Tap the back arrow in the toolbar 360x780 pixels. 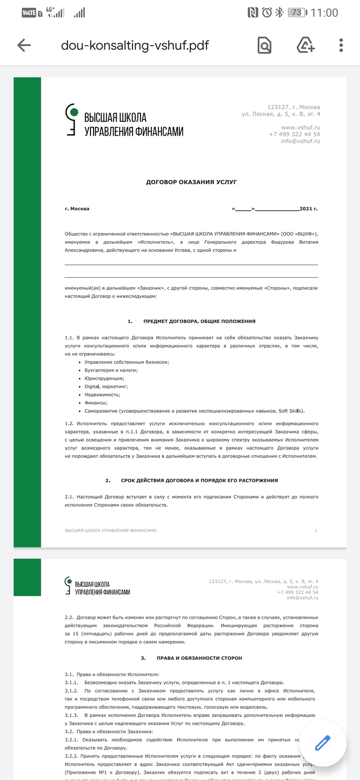pyautogui.click(x=24, y=45)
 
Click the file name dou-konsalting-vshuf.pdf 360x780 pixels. pyautogui.click(x=135, y=45)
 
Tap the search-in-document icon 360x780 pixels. pyautogui.click(x=264, y=45)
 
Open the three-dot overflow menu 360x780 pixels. pyautogui.click(x=341, y=45)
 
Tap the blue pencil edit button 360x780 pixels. pyautogui.click(x=322, y=743)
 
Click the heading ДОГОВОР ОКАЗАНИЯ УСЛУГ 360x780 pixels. pyautogui.click(x=191, y=182)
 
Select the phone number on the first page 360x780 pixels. pyautogui.click(x=294, y=134)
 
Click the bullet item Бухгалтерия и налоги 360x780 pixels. pyautogui.click(x=111, y=370)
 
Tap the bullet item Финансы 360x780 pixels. pyautogui.click(x=96, y=403)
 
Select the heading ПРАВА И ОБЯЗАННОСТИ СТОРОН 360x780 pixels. pyautogui.click(x=199, y=658)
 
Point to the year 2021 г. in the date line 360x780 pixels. pyautogui.click(x=309, y=209)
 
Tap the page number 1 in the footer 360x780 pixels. pyautogui.click(x=316, y=530)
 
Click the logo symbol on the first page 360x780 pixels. pyautogui.click(x=73, y=119)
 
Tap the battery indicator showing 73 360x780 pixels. pyautogui.click(x=295, y=13)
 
